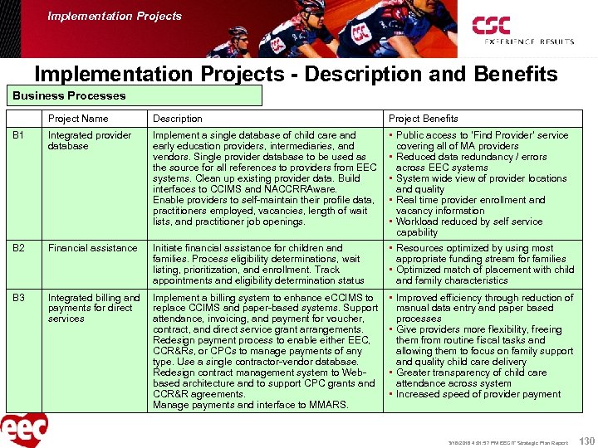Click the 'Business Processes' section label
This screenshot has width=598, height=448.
70,95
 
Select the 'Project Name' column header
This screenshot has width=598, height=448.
78,119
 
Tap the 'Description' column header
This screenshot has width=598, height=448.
177,119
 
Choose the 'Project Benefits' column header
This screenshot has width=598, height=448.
424,119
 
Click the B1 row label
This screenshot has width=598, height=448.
19,135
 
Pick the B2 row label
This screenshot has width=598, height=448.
19,248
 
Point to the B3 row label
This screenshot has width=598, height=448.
19,298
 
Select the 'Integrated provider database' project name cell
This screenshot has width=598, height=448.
89,140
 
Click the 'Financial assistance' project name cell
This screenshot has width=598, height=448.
92,248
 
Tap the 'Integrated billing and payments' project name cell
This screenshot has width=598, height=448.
93,308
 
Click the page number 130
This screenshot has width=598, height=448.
586,440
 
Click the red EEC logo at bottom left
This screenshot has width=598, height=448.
24,430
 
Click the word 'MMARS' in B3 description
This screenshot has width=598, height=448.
330,405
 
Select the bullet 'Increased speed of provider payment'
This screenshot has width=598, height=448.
478,394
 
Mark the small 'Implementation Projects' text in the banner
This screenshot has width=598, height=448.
115,16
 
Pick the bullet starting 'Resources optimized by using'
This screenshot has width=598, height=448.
474,248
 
